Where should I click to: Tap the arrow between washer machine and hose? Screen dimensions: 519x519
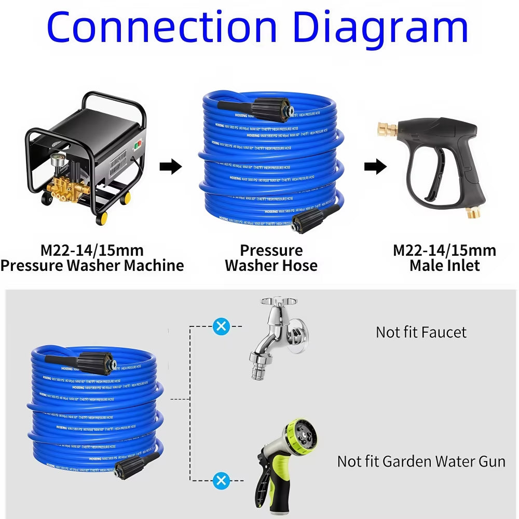point(170,167)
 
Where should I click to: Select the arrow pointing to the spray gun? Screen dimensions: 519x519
point(375,167)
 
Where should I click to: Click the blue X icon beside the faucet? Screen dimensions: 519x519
point(222,326)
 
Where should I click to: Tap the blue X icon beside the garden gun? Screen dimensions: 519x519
point(222,481)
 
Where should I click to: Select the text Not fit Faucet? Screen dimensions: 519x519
point(421,332)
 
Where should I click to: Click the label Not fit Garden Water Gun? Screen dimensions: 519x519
point(421,461)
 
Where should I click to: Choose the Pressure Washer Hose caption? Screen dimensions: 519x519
point(271,258)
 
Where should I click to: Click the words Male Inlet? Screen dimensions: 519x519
point(444,266)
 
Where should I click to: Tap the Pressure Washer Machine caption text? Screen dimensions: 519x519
point(92,266)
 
